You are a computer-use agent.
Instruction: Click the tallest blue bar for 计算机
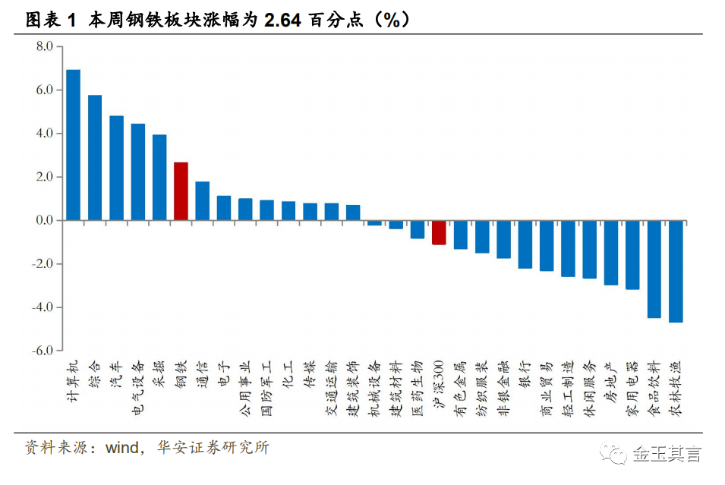74,145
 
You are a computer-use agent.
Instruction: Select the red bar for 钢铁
181,191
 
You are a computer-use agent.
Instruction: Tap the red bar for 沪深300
439,232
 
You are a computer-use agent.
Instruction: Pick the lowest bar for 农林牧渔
676,272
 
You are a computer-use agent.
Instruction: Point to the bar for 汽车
116,168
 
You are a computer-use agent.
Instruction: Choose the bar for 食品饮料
654,269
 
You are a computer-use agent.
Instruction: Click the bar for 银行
525,244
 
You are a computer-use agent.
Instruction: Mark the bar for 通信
203,201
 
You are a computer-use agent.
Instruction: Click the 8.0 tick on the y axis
44,46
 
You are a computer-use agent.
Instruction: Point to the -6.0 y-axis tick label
42,351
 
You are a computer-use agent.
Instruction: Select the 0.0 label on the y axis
44,220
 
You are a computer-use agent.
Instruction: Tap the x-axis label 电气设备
138,389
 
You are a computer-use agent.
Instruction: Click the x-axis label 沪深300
439,384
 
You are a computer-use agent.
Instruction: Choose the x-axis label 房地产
611,382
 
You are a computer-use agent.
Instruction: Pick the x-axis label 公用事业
245,389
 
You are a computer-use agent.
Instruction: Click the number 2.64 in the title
282,20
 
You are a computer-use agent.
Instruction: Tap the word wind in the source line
122,448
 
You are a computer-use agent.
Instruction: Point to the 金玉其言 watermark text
667,454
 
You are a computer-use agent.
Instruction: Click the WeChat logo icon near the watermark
613,452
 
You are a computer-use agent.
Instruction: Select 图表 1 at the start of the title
50,20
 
